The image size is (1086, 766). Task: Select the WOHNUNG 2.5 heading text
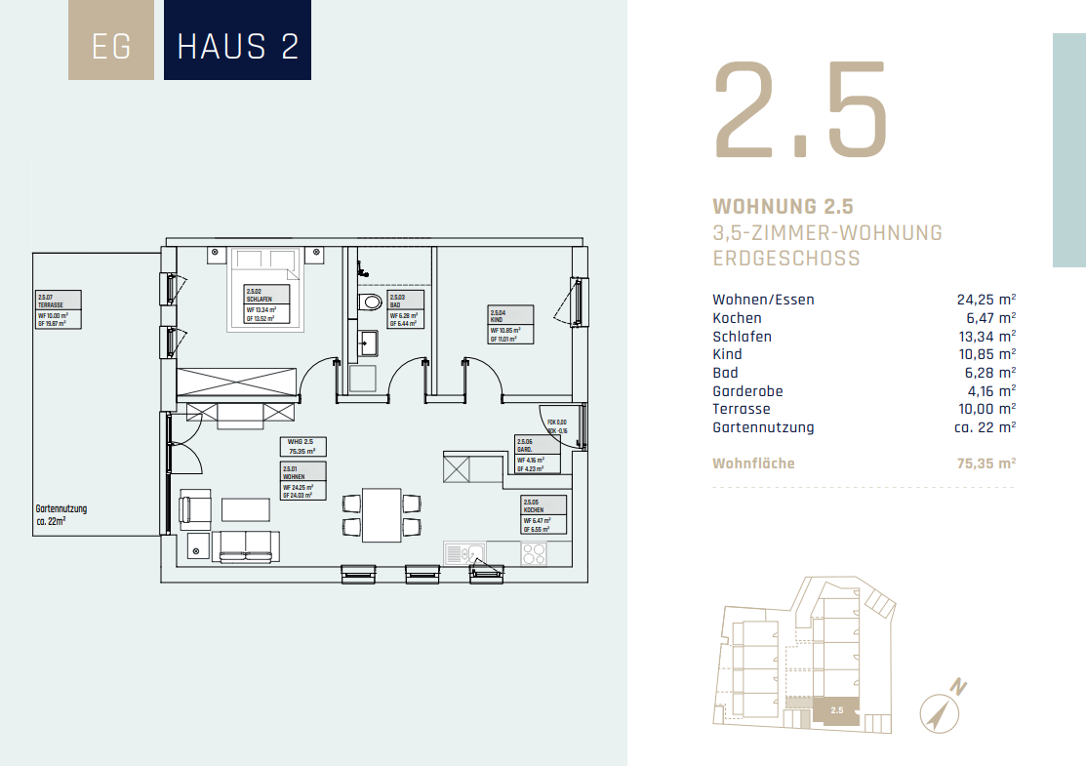click(784, 207)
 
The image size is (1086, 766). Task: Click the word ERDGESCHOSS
click(786, 259)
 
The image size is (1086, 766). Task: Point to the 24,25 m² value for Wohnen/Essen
click(986, 300)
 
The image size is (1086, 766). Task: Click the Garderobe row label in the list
click(747, 390)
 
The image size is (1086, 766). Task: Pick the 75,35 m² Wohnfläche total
click(986, 464)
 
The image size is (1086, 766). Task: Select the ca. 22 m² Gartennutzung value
click(985, 427)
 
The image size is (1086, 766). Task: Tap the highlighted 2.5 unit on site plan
click(836, 710)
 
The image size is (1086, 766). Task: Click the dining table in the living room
click(382, 514)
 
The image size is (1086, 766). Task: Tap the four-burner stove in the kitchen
click(534, 554)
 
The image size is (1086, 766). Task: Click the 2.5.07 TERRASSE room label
click(58, 309)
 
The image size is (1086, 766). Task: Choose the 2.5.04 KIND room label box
click(511, 324)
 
